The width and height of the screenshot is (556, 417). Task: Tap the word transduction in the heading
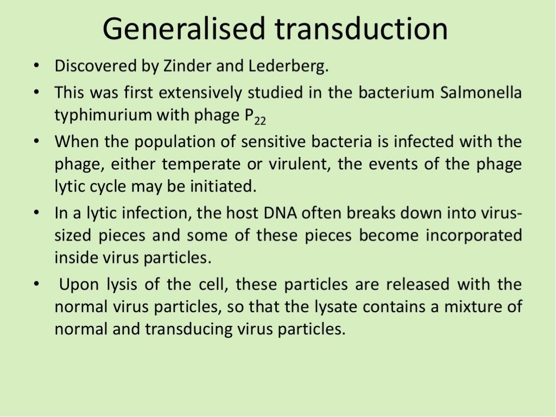point(362,29)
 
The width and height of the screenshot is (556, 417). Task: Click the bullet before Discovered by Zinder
point(36,67)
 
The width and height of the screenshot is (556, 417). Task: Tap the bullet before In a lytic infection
point(36,213)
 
